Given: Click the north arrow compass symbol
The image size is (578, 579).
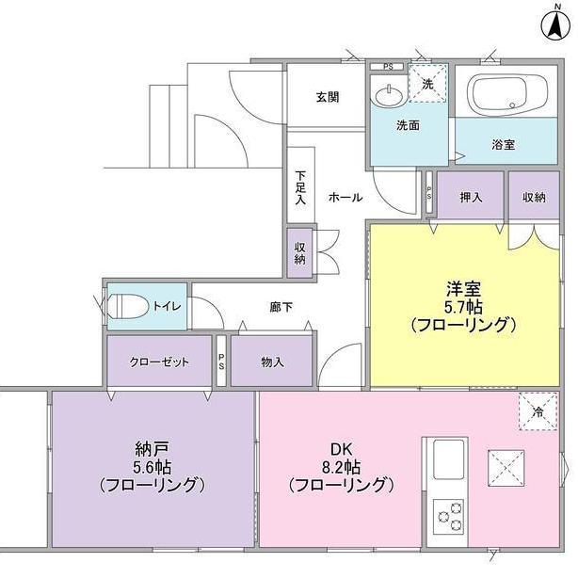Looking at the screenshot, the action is click(x=555, y=26).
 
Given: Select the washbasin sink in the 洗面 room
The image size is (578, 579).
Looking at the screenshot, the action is click(x=389, y=96).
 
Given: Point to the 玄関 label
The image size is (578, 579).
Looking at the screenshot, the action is click(x=328, y=97).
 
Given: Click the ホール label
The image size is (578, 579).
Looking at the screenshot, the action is click(x=345, y=198).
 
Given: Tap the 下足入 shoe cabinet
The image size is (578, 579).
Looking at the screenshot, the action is click(x=301, y=185).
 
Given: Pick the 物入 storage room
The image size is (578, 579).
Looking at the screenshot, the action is click(x=272, y=362).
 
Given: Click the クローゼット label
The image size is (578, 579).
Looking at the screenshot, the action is click(x=159, y=362).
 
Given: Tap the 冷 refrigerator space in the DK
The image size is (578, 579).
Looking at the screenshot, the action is click(x=538, y=411).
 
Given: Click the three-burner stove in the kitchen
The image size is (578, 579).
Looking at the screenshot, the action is click(x=449, y=516).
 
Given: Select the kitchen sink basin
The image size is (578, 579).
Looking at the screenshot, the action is click(x=448, y=459).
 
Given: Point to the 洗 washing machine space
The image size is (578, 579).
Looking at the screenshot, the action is click(x=427, y=83).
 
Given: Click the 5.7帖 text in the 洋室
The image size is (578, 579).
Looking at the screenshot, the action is click(x=463, y=306).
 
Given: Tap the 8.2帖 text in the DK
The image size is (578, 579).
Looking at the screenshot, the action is click(x=342, y=468).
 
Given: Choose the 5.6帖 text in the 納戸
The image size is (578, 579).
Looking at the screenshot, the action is click(x=153, y=468).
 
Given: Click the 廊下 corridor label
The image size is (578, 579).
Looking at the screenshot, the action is click(x=281, y=307).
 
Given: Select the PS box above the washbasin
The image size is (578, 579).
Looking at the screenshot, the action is click(x=388, y=67).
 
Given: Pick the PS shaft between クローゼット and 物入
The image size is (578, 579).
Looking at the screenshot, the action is click(x=221, y=361).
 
